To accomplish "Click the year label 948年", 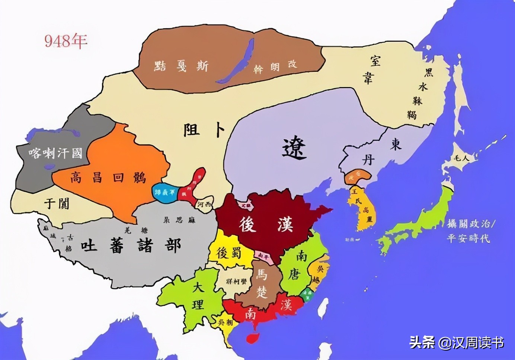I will tap(66, 41).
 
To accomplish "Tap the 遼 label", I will tap(294, 148).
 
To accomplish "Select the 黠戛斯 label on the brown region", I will tap(181, 66).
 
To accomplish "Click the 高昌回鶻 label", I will tap(108, 178).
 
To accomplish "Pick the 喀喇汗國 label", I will tap(55, 153).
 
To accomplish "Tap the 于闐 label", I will tap(57, 203).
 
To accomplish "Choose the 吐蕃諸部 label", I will tap(131, 245).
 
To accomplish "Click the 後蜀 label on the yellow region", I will tap(229, 253).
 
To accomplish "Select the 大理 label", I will tap(198, 296).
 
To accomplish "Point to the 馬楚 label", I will tap(262, 283).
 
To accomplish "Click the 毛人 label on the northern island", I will tap(461, 158).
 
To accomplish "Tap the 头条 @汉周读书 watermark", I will tap(456, 342).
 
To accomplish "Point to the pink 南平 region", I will tap(264, 255).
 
